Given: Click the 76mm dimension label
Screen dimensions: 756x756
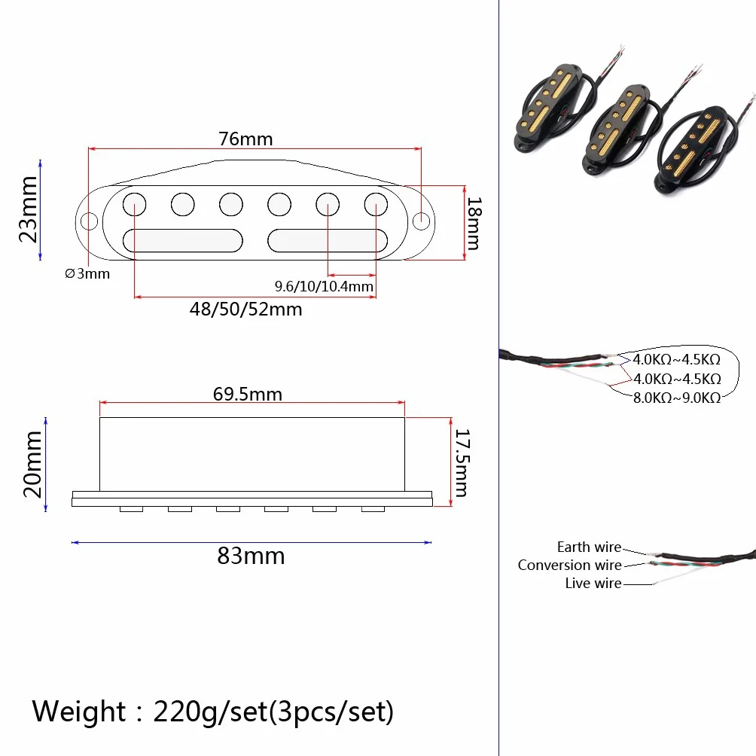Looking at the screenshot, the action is pos(246,139).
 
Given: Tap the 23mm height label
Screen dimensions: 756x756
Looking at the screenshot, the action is pos(29,209).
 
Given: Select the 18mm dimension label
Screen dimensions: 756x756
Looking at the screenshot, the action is pos(474,223).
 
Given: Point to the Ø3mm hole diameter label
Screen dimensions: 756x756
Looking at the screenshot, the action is pos(87,274).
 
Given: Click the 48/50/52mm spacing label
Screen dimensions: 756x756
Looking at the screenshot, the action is pos(246,309).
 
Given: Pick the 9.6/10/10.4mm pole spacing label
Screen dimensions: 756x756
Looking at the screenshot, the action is pos(324,286).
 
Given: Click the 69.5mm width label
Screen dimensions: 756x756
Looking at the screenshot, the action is pos(248,395).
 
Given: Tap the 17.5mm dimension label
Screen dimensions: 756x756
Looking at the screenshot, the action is pos(462,463).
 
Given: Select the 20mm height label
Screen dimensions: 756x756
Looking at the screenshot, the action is pos(33,465).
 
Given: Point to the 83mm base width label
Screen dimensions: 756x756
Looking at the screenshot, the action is pos(251,556).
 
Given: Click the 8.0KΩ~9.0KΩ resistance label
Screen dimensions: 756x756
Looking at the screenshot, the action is pos(677,398).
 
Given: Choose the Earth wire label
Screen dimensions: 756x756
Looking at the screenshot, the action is pos(589,547).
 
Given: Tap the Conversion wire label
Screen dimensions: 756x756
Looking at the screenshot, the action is pos(569,565).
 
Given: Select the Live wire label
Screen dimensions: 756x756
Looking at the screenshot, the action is pos(593,583).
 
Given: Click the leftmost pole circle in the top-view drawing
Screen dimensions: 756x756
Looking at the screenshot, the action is pos(135,204).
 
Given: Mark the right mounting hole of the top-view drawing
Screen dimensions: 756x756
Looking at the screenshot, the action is pos(422,222).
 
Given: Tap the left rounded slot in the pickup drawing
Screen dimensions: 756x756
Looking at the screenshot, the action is pos(183,241).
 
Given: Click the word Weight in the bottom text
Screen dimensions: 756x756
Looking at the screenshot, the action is pos(79,712).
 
